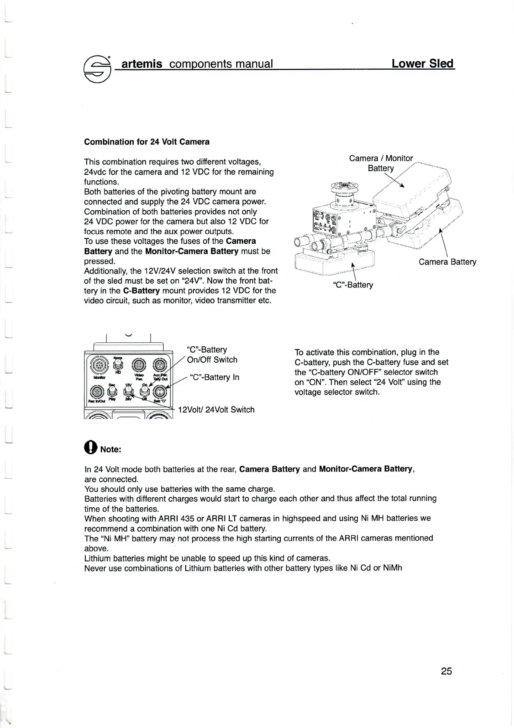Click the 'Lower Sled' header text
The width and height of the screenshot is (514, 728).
[x=422, y=64]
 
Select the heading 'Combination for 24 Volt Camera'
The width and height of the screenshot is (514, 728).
[x=147, y=142]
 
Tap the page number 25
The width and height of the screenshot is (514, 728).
[x=447, y=671]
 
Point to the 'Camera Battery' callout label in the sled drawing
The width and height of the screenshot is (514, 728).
[x=447, y=262]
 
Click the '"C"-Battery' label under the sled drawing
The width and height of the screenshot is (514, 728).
[x=353, y=285]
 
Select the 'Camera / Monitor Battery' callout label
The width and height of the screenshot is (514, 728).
[x=381, y=163]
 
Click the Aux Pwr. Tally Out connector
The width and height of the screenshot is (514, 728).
[x=160, y=364]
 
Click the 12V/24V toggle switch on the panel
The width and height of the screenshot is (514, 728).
[x=128, y=392]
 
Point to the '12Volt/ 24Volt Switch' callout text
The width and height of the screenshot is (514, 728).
[x=216, y=409]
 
